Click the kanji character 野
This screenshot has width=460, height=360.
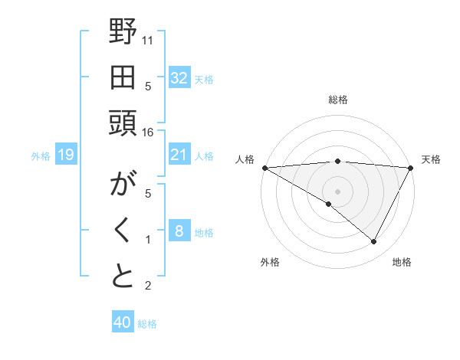123,32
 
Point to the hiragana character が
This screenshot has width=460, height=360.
123,185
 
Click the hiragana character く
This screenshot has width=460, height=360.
123,231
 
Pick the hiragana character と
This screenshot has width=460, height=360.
123,277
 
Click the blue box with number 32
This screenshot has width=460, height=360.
179,78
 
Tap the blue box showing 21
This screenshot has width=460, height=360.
179,155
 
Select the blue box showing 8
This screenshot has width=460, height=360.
179,232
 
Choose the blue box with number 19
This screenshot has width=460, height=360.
65,155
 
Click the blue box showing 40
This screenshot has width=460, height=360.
122,323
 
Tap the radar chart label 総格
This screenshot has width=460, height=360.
337,100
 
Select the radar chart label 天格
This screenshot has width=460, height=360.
432,159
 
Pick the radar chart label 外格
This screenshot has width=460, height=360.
270,262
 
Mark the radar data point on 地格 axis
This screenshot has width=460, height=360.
373,242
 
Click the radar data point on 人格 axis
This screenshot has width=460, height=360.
264,168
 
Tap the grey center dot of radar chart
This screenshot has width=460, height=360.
337,191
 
